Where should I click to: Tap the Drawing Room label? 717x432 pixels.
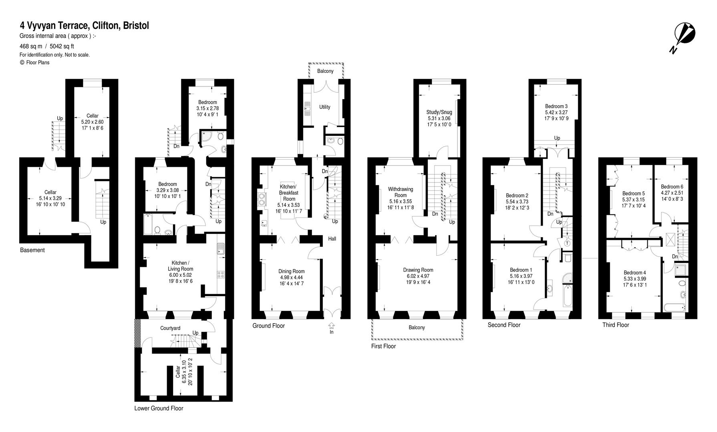(418, 270)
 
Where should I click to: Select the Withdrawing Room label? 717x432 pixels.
(400, 192)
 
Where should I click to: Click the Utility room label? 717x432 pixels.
(325, 107)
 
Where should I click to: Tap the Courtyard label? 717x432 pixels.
(170, 328)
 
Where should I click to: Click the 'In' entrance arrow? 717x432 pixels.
(332, 328)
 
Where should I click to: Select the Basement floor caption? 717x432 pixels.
(32, 250)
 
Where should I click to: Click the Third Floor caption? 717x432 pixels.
(616, 325)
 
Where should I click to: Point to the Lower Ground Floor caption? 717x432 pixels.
(159, 408)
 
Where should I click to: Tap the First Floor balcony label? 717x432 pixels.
(417, 327)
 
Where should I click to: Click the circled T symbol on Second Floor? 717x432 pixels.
(568, 243)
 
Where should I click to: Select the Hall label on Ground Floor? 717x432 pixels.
(332, 239)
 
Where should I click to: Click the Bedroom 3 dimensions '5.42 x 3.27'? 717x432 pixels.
(556, 112)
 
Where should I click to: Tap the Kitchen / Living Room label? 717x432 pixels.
(180, 266)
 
